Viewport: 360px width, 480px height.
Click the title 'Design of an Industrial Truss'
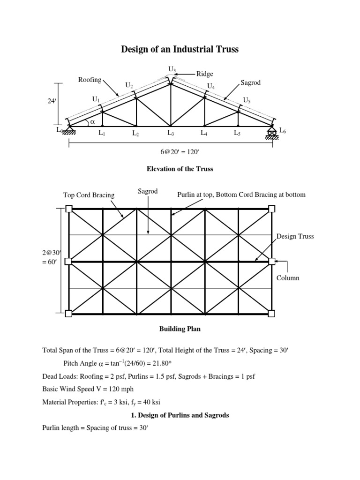(x=180, y=49)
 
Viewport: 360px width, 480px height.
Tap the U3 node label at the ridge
(x=172, y=70)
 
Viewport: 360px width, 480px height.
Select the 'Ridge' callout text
(x=204, y=74)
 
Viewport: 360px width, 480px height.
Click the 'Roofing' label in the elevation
(x=90, y=80)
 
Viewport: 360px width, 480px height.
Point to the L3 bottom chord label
(x=171, y=133)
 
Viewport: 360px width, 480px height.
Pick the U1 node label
(x=96, y=99)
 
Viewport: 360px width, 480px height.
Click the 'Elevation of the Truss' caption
(x=180, y=169)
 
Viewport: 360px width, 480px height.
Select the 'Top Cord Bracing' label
(x=89, y=195)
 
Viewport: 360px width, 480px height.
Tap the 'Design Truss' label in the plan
(x=295, y=236)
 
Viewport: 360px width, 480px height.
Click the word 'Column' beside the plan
(x=288, y=278)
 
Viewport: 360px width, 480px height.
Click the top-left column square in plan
(x=69, y=209)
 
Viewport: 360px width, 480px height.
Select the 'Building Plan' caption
(x=180, y=329)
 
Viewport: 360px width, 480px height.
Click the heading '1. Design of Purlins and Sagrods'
(x=180, y=415)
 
